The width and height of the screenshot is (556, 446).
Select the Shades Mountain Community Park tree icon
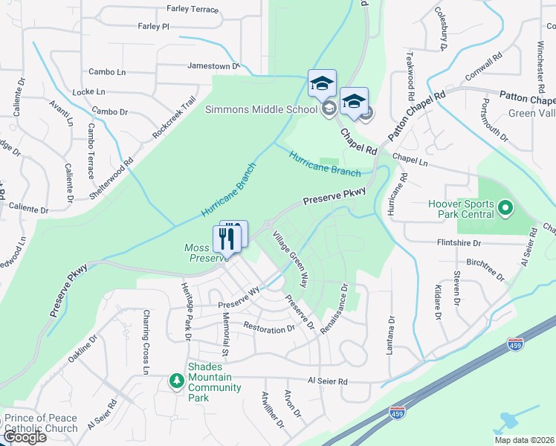[x=176, y=381]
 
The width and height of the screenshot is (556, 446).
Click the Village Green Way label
[x=290, y=259]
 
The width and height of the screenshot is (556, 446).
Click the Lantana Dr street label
[x=389, y=334]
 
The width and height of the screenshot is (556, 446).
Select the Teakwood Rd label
[x=410, y=77]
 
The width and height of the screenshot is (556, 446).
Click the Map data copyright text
[x=524, y=440]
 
